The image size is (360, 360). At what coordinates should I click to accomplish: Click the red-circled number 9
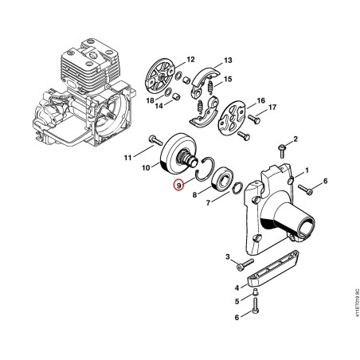[x=179, y=186]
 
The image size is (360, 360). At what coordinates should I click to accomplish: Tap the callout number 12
[x=190, y=60]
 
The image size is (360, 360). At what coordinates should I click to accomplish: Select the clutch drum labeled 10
[x=179, y=154]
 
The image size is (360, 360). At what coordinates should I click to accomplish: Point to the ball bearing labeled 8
[x=222, y=179]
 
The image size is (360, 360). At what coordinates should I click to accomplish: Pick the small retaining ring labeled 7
[x=237, y=188]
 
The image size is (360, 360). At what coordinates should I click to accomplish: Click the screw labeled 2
[x=282, y=151]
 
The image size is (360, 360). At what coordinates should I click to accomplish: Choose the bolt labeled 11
[x=155, y=140]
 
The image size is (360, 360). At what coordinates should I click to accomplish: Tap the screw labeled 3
[x=245, y=264]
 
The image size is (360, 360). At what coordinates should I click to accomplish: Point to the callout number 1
[x=307, y=170]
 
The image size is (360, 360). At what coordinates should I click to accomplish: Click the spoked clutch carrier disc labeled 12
[x=161, y=77]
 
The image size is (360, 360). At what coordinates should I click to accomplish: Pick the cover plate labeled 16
[x=231, y=116]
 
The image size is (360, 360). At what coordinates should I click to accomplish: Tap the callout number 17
[x=272, y=108]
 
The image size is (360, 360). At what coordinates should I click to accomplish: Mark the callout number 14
[x=159, y=106]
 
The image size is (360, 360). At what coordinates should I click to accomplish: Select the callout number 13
[x=228, y=61]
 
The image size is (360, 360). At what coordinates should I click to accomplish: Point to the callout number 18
[x=151, y=100]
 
